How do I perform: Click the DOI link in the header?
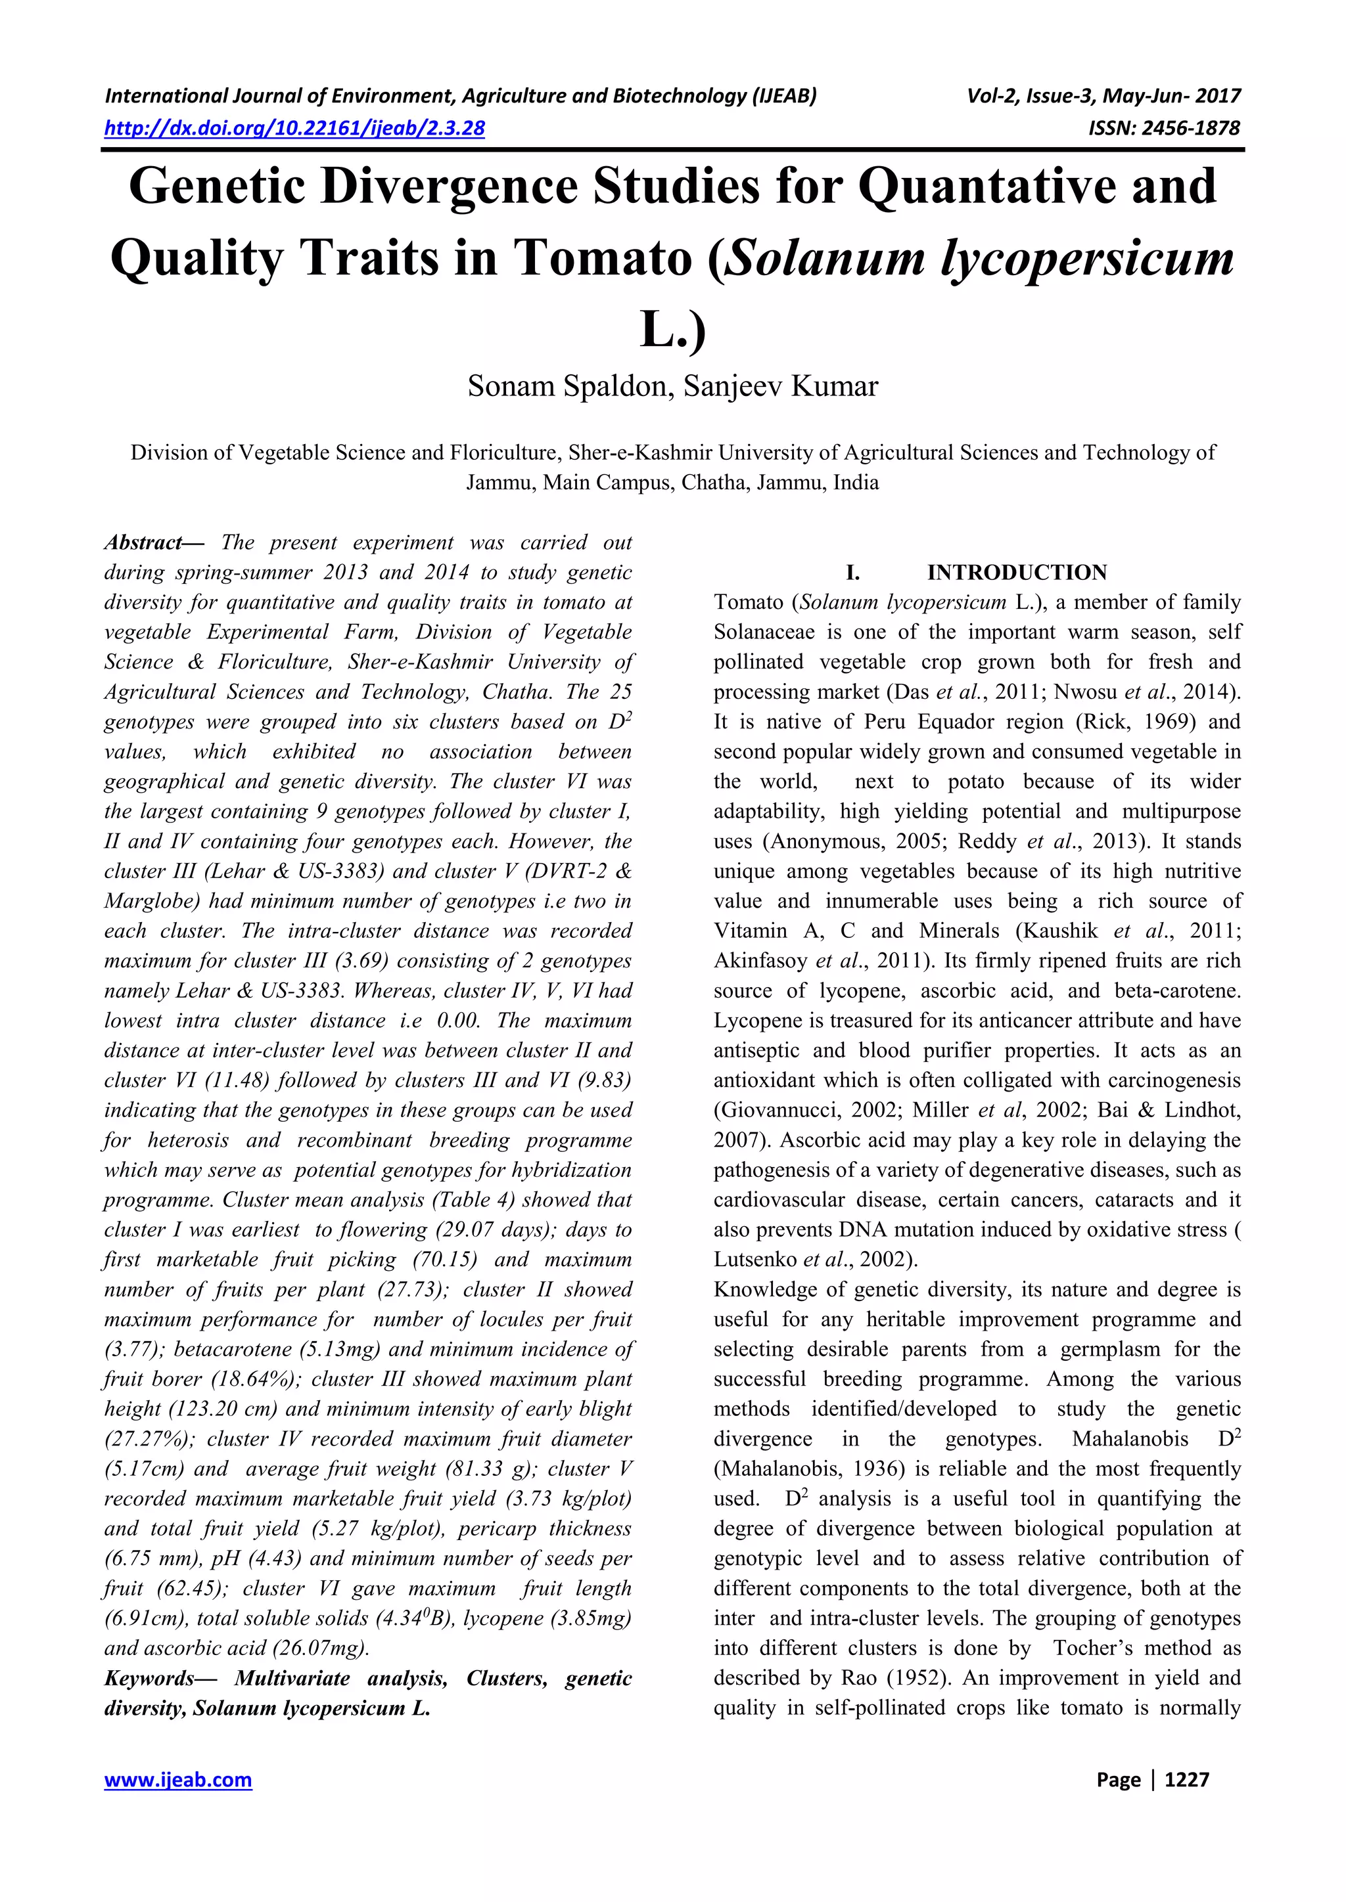(x=294, y=127)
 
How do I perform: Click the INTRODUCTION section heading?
(x=1016, y=573)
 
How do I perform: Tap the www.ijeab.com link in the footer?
(x=177, y=1779)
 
